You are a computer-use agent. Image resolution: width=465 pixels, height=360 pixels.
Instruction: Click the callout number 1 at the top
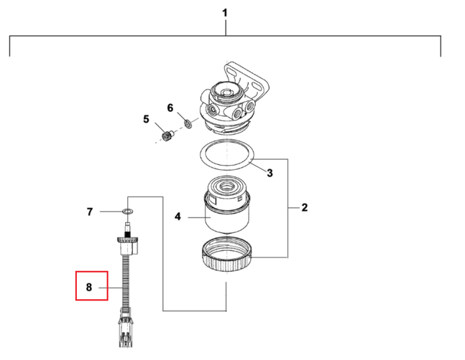[x=225, y=13]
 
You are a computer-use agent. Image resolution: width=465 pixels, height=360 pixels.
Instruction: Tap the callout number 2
[x=304, y=208]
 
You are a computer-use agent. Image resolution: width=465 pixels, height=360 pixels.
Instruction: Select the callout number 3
[x=270, y=173]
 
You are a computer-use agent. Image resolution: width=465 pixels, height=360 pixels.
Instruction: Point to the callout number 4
[x=178, y=217]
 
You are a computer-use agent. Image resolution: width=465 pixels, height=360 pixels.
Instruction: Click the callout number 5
[x=146, y=119]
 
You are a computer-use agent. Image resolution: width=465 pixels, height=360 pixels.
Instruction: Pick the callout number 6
[x=170, y=108]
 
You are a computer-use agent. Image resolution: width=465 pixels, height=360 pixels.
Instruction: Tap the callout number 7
[x=89, y=212]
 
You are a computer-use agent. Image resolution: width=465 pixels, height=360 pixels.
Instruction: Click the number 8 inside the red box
[x=89, y=287]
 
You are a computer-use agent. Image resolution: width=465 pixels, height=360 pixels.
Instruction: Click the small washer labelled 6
[x=188, y=123]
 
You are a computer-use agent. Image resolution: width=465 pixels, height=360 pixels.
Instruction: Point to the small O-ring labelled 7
[x=128, y=211]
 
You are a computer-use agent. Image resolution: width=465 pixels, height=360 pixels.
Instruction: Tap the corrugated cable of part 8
[x=126, y=281]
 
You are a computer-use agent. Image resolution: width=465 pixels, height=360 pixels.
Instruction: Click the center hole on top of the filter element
[x=228, y=187]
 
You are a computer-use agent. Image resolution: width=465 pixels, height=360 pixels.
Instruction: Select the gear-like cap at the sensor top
[x=128, y=239]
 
